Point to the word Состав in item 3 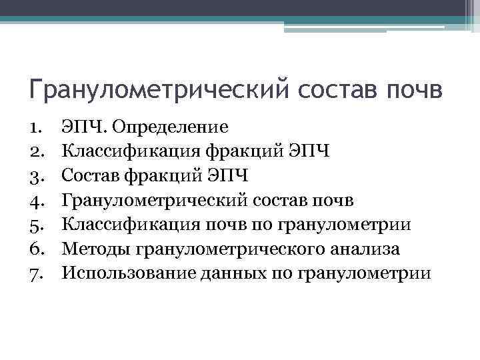pyautogui.click(x=89, y=175)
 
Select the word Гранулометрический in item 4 pyautogui.click(x=150, y=201)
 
